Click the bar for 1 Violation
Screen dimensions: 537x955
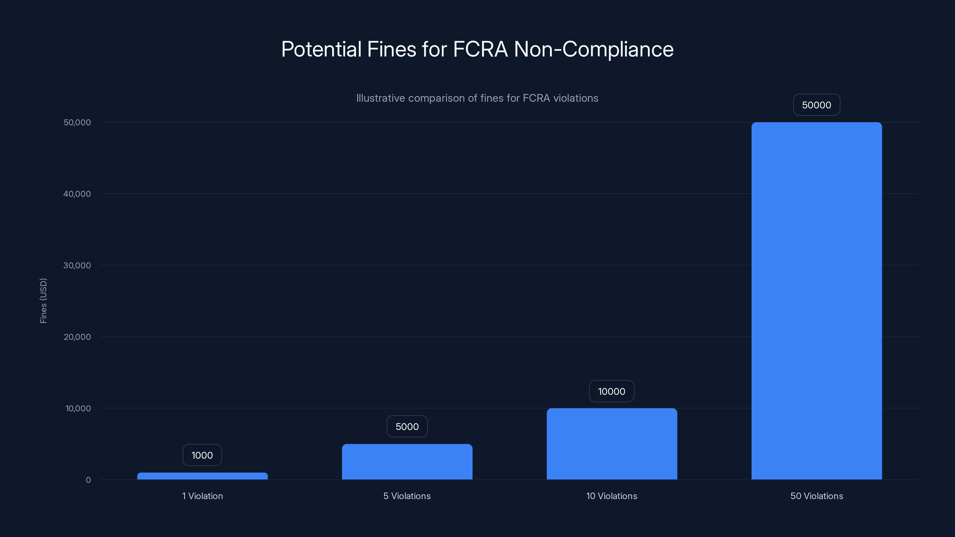click(x=202, y=476)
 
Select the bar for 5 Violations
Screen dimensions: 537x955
click(x=407, y=462)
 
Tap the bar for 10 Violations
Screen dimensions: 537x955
click(x=612, y=444)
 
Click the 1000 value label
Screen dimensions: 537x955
click(x=202, y=455)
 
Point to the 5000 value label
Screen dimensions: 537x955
click(x=407, y=427)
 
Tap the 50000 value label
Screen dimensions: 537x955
click(x=816, y=105)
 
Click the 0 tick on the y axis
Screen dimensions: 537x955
click(x=88, y=480)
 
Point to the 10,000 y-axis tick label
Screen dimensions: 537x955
click(x=78, y=408)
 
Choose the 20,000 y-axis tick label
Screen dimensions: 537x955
click(x=77, y=337)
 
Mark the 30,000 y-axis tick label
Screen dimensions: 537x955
click(x=77, y=265)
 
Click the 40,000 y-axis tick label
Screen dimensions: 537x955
click(x=77, y=194)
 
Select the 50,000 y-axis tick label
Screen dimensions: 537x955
click(x=77, y=122)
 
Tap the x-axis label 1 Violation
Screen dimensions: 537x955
click(x=202, y=496)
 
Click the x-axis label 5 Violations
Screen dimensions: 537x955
click(x=407, y=496)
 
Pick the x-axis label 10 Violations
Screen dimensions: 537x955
click(x=612, y=496)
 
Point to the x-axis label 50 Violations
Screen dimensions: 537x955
click(x=817, y=496)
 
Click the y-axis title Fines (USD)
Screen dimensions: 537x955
click(x=43, y=300)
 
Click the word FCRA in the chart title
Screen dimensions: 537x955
click(x=480, y=49)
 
